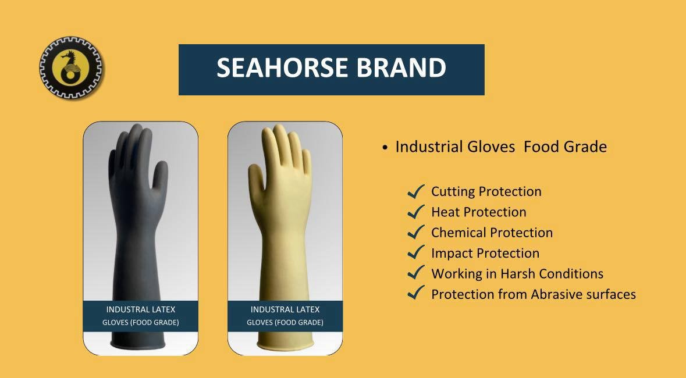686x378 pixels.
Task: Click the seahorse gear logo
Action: pos(72,67)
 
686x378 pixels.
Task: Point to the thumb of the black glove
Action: pos(159,179)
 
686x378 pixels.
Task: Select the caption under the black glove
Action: pos(140,316)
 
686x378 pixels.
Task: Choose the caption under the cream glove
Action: pos(285,316)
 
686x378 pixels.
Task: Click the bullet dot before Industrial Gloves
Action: pos(385,148)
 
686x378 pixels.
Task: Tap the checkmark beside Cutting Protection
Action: pos(415,191)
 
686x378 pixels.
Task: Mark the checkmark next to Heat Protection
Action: pos(415,212)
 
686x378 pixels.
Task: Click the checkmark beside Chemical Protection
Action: pos(415,232)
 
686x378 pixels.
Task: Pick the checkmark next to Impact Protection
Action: pos(415,253)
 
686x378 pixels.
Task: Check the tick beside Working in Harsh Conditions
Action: pos(415,273)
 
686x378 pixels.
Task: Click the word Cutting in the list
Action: pos(453,192)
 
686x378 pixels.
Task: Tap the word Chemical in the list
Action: pos(458,232)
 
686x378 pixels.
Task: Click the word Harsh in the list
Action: pos(518,273)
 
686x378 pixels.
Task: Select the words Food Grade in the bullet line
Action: pos(565,147)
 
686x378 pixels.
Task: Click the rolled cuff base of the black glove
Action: pos(138,343)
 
